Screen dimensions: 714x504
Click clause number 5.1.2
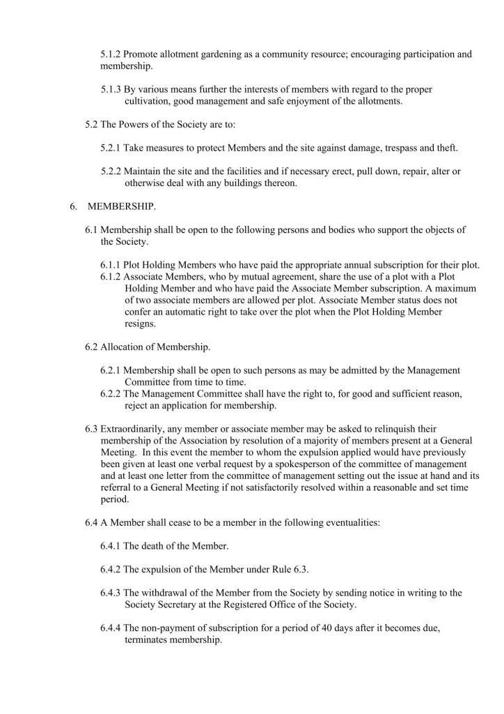(x=111, y=54)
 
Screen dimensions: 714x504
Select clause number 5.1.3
(x=111, y=89)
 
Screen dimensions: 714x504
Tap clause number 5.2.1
(x=111, y=148)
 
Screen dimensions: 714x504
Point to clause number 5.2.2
(x=111, y=172)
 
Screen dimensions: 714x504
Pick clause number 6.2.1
(x=111, y=370)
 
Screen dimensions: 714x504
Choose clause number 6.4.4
(x=111, y=628)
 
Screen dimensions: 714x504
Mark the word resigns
(x=139, y=324)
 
